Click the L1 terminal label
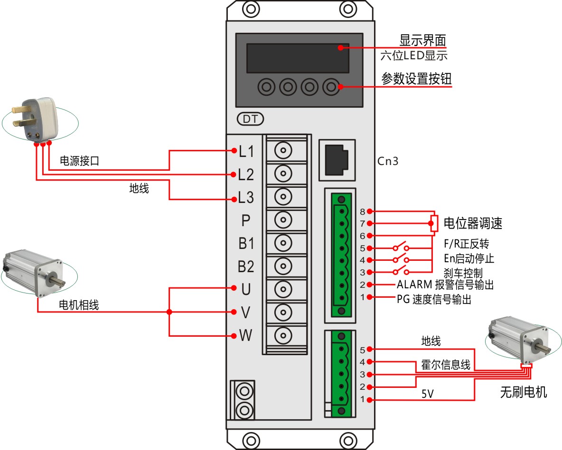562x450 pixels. point(246,152)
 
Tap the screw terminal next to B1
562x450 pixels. point(283,243)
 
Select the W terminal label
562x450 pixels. point(245,336)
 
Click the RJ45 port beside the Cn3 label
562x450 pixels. point(337,159)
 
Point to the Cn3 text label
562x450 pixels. point(388,161)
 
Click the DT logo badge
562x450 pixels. point(250,119)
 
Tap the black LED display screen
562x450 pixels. point(298,58)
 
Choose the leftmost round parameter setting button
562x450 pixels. point(267,87)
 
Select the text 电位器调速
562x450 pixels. point(472,223)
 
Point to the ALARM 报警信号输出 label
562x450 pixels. point(445,285)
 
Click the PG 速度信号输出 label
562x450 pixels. point(434,300)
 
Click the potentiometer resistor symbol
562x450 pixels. point(434,223)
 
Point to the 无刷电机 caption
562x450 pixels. point(524,392)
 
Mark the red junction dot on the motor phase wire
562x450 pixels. point(169,312)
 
